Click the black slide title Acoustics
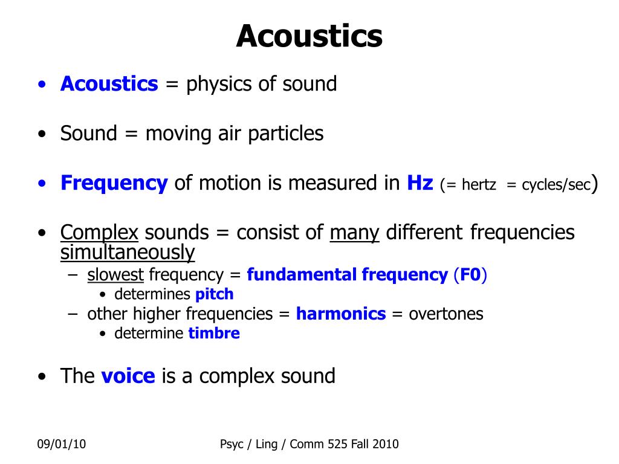point(309,36)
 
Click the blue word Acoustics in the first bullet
point(109,83)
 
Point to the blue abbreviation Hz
point(420,183)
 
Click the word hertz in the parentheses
point(479,185)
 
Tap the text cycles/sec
point(556,185)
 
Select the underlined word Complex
point(100,233)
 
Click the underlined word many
point(354,233)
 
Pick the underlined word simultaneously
point(128,253)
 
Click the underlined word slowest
point(115,275)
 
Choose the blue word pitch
point(215,294)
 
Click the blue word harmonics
point(341,314)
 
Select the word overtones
point(446,314)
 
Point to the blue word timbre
point(214,333)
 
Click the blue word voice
point(128,376)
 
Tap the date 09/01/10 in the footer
point(62,444)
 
